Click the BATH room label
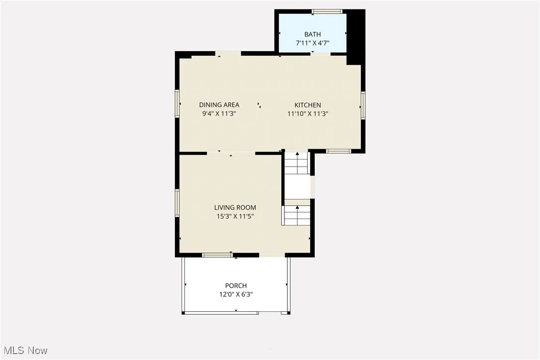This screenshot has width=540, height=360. point(312,34)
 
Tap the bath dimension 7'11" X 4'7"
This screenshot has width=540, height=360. point(312,43)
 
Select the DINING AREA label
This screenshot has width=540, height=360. point(219,105)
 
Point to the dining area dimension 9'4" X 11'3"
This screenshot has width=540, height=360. point(219,113)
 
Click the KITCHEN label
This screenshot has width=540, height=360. point(308,105)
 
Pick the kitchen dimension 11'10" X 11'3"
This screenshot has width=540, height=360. point(308,113)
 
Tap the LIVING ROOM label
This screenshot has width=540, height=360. point(235,207)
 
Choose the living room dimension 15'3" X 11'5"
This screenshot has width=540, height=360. point(235,216)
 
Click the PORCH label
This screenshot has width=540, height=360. point(236,285)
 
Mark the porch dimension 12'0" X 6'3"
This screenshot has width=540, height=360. point(236,294)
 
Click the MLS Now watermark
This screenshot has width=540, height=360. point(24,351)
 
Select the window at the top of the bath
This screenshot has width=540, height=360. point(327,11)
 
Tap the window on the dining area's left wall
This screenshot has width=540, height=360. point(177,103)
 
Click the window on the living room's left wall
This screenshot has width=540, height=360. point(177,203)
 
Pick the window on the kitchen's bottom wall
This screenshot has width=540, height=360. point(339,151)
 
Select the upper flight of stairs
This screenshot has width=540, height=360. point(297,163)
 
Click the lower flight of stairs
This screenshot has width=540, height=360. point(297,215)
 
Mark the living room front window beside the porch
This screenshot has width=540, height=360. point(217,255)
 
